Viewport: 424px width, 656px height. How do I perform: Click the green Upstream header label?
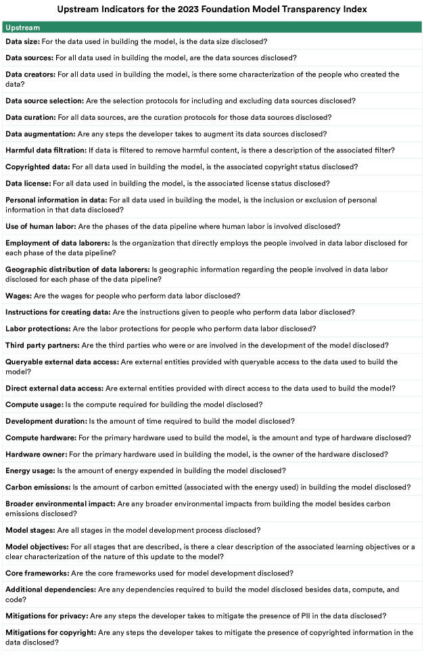coord(22,28)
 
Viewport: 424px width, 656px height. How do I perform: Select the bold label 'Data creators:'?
coord(30,74)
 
